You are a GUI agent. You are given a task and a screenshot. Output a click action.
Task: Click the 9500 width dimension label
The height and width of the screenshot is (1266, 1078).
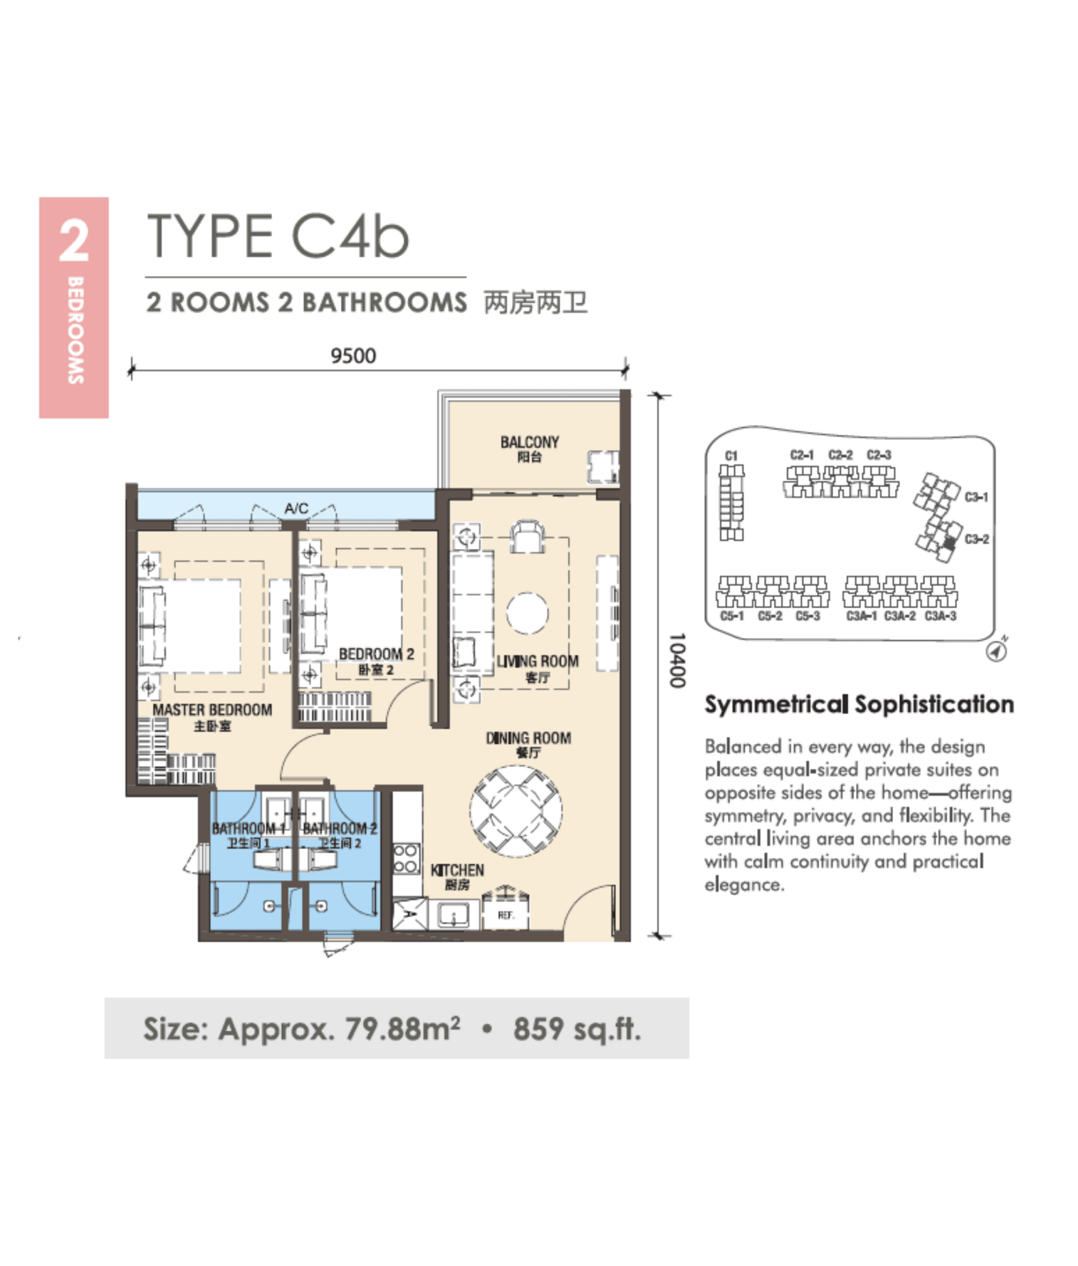point(353,355)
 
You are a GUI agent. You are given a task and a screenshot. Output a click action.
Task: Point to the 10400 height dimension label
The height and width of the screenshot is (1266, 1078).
point(677,660)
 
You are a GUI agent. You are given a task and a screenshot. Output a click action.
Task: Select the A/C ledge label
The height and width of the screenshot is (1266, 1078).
point(296,508)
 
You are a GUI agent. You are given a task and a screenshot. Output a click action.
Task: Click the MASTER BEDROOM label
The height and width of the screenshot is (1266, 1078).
point(212,710)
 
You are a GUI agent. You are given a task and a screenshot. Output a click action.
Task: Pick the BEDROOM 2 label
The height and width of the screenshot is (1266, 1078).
point(376,654)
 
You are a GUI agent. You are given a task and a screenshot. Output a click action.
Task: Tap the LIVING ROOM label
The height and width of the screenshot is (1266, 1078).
point(537,661)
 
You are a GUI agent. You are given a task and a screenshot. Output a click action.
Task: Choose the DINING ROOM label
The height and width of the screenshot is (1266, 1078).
point(528,737)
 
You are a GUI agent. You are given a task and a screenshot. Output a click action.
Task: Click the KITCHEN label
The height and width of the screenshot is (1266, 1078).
point(457,870)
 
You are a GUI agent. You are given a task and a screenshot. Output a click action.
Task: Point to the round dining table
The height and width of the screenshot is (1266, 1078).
point(516,811)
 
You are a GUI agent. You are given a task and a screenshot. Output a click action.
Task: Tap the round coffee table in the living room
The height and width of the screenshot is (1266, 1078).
point(527,613)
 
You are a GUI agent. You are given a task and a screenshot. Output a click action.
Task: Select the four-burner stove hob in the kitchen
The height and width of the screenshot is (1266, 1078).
point(405,859)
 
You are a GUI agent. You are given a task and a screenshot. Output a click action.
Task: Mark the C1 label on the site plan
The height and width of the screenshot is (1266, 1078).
point(731,456)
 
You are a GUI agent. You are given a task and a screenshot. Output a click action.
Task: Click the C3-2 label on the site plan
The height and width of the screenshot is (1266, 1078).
point(977,539)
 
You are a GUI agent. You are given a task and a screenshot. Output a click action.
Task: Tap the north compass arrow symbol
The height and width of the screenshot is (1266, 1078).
point(996,650)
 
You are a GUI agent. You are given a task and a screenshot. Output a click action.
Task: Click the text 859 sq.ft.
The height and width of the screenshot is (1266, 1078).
point(577,1029)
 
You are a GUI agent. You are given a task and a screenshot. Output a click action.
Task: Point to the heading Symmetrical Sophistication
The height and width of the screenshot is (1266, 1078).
point(859,704)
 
